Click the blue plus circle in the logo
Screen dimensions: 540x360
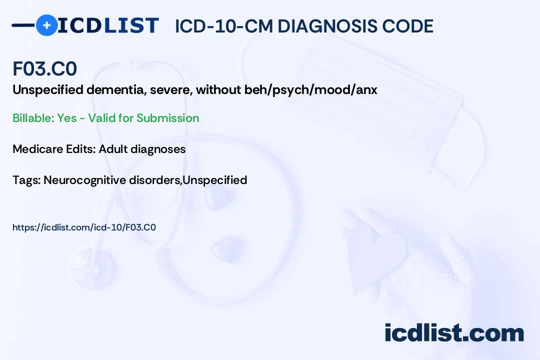pyautogui.click(x=46, y=25)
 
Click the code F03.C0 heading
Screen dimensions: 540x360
pyautogui.click(x=45, y=68)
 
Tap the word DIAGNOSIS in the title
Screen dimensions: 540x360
pyautogui.click(x=327, y=26)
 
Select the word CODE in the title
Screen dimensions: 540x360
pyautogui.click(x=408, y=26)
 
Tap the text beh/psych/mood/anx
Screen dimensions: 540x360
pyautogui.click(x=310, y=90)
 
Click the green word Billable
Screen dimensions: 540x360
pyautogui.click(x=33, y=118)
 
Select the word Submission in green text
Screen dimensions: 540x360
pyautogui.click(x=167, y=118)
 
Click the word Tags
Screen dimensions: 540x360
pyautogui.click(x=27, y=180)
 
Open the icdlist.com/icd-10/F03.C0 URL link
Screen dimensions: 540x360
pyautogui.click(x=84, y=227)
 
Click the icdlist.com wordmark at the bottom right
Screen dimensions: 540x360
pyautogui.click(x=454, y=333)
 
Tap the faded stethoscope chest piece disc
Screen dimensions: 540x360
pyautogui.click(x=93, y=269)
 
